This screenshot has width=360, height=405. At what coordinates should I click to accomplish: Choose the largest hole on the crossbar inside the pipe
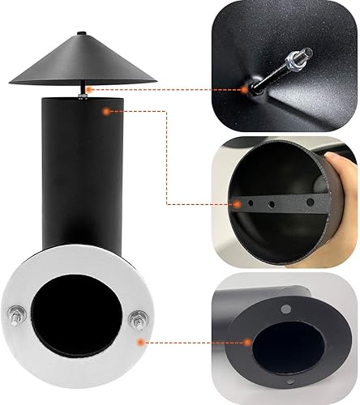(x=311, y=200)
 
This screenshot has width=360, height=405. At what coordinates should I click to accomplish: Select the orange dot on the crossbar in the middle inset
(x=235, y=202)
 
